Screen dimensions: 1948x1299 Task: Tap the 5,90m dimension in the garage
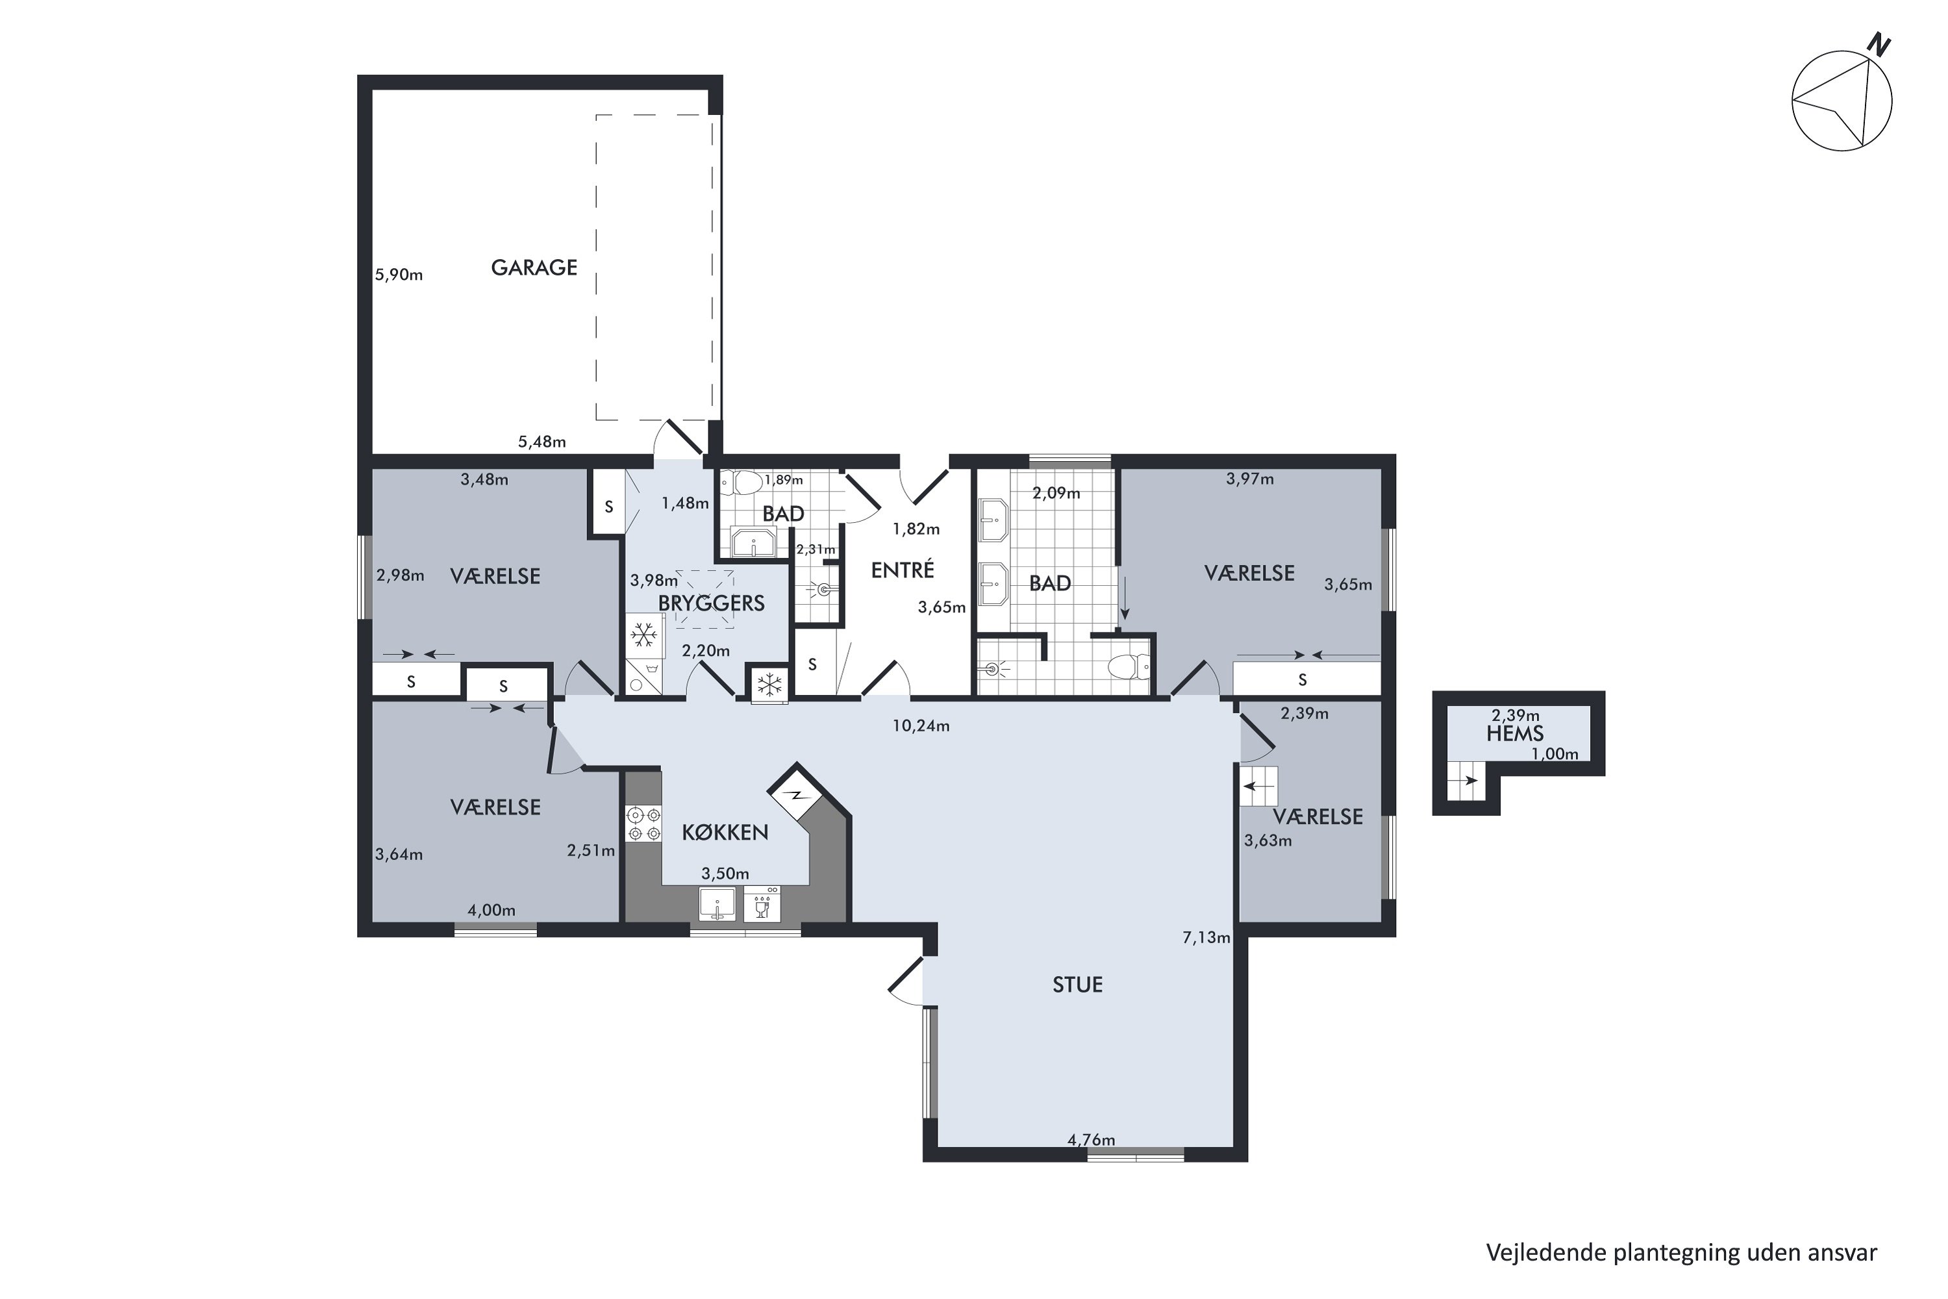[x=399, y=274]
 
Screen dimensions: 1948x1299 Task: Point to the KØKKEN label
[x=725, y=833]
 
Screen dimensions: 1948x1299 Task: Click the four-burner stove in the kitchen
[x=644, y=824]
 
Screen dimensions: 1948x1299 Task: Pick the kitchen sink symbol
[x=718, y=905]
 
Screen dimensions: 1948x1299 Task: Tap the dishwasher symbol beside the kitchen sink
[x=761, y=905]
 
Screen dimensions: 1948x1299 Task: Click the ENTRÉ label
[x=902, y=570]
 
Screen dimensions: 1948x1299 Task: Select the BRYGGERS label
[x=712, y=603]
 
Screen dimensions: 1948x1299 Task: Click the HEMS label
[x=1515, y=733]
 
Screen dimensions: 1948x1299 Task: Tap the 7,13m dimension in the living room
[x=1206, y=938]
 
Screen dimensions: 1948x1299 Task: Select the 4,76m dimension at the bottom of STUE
[x=1091, y=1140]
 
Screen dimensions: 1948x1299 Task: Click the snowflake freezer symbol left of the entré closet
[x=770, y=685]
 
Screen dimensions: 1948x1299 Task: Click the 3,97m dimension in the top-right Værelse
[x=1250, y=479]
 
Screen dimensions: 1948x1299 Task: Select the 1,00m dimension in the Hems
[x=1555, y=754]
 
